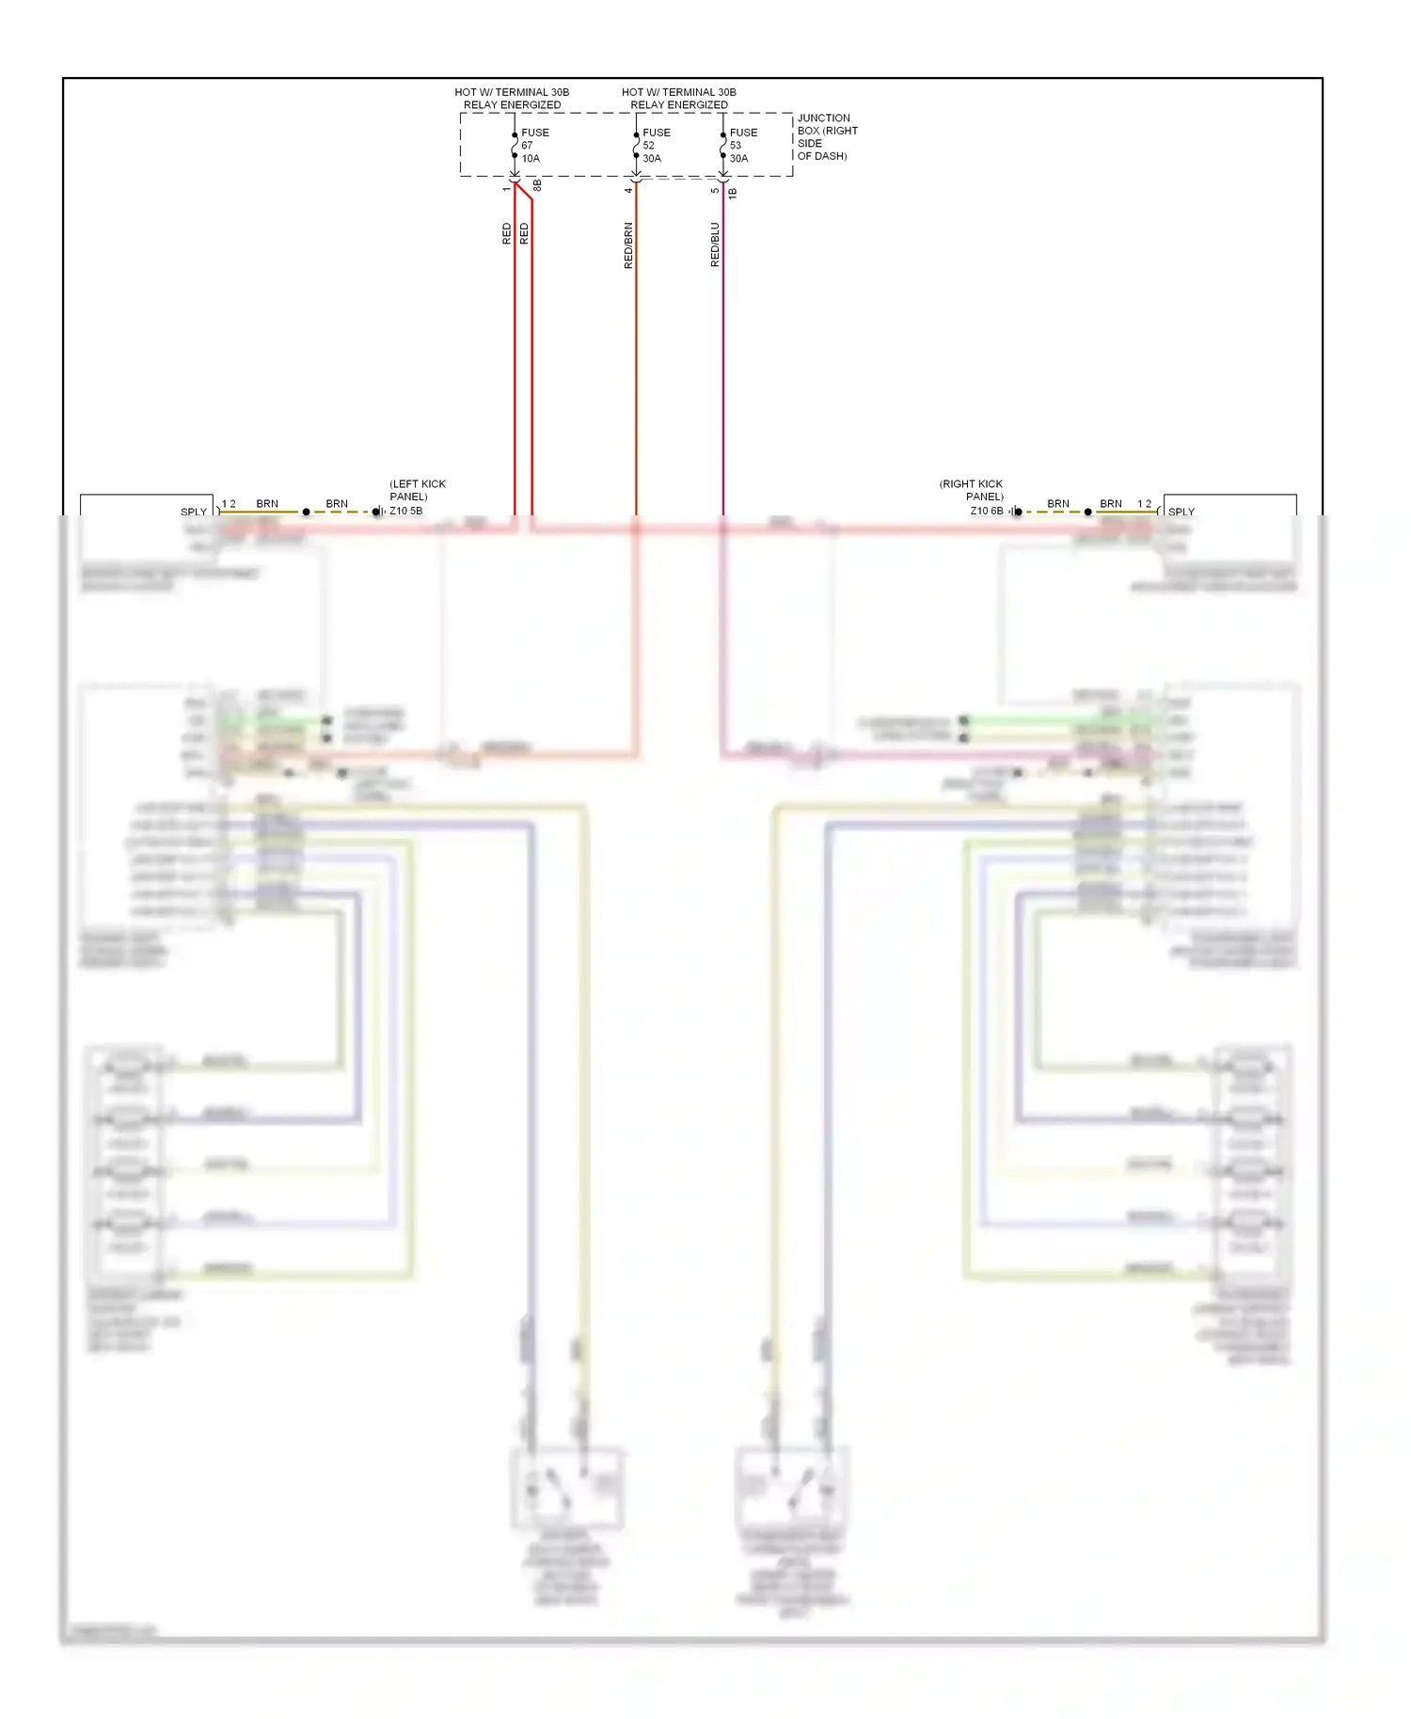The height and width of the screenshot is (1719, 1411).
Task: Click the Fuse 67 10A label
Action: [534, 146]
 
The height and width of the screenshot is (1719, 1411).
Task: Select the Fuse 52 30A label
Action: [656, 146]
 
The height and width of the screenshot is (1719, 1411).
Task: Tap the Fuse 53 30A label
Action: [742, 146]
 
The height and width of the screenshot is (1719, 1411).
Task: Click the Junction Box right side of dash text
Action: [827, 137]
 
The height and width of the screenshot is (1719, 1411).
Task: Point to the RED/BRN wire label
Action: [628, 245]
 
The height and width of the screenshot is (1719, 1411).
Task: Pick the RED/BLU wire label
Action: [715, 244]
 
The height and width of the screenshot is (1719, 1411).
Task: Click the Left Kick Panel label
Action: [417, 490]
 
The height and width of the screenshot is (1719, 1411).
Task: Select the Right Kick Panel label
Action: [972, 490]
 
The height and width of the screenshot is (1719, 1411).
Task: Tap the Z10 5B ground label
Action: [405, 511]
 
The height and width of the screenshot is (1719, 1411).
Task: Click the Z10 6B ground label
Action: [987, 511]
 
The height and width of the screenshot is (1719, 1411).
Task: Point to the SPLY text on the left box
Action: [194, 512]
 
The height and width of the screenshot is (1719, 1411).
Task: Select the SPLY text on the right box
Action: [1181, 512]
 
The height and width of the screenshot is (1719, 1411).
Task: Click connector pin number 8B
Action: [537, 186]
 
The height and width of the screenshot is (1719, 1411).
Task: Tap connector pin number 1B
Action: [733, 193]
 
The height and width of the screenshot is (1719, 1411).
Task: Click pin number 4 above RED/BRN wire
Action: [628, 190]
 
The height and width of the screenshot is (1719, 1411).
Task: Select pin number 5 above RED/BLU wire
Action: [715, 190]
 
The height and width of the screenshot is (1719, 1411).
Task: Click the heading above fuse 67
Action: [512, 99]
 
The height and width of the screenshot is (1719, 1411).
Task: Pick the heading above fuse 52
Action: [678, 99]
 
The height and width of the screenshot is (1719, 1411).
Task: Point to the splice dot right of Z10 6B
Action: [1088, 512]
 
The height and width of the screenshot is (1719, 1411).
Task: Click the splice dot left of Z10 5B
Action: [306, 512]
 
